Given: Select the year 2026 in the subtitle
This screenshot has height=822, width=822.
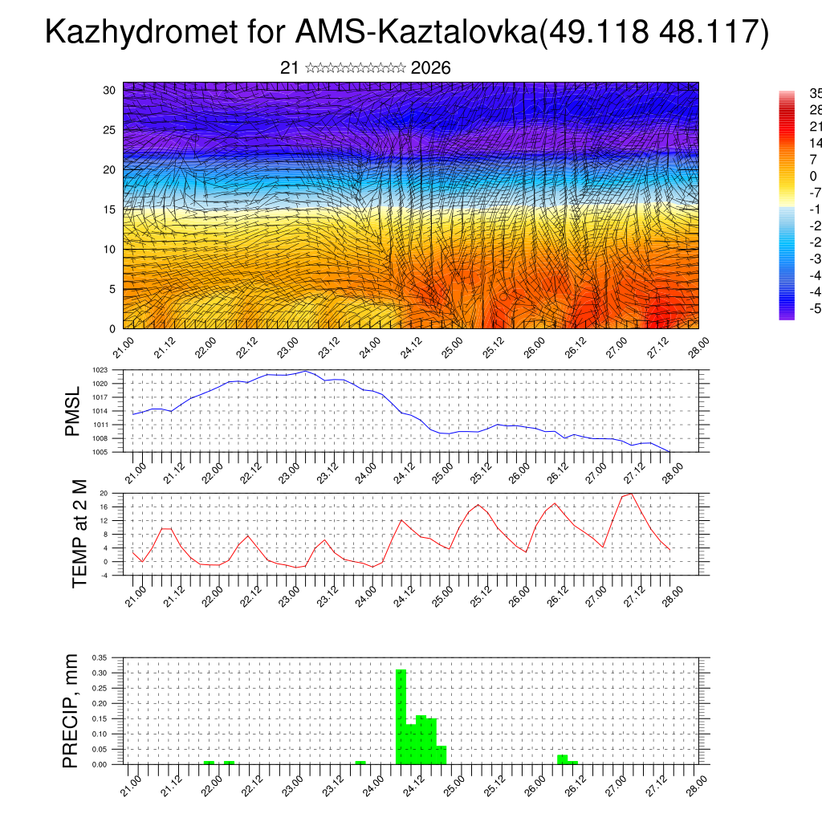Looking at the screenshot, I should coord(430,68).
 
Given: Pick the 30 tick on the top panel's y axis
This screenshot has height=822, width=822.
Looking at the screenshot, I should coord(109,90).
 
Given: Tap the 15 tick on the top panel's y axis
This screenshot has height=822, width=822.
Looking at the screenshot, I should coord(109,210).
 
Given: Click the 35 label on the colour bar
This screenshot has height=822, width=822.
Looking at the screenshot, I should coord(814,93).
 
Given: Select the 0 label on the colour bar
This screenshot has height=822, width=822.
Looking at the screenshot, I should coord(813,177).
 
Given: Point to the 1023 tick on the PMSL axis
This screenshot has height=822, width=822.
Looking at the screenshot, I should coord(100,370).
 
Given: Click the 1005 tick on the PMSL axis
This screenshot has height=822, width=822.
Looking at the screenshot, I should coord(100,452).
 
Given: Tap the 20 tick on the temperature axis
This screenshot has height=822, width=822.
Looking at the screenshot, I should coord(104,493).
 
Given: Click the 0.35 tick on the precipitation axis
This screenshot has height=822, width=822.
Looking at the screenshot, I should coord(99,657).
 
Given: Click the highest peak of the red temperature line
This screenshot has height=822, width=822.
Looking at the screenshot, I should coord(632,494).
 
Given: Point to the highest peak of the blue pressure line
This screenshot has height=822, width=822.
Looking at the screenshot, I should coord(305,371).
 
